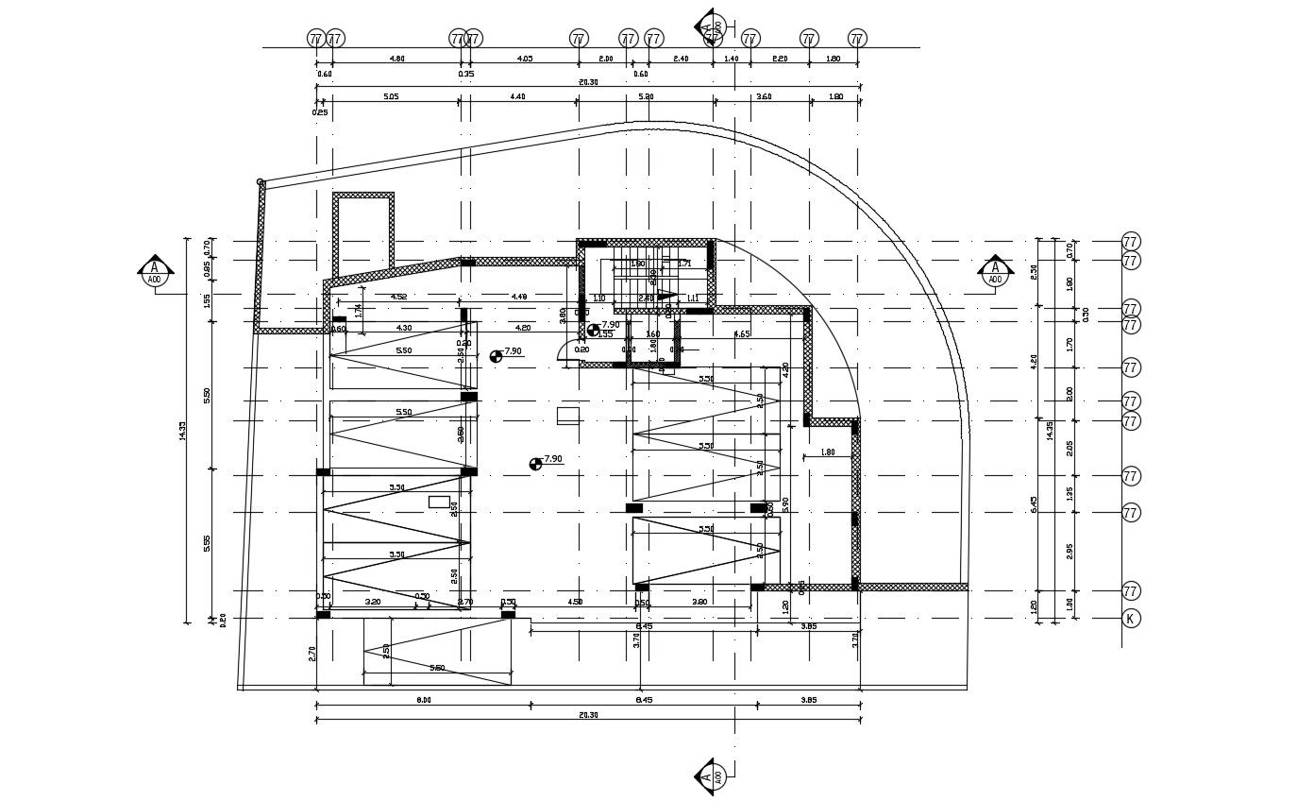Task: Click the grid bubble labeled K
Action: (1130, 619)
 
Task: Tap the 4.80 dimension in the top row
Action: (397, 59)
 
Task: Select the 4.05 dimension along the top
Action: (524, 59)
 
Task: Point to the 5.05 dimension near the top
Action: (390, 96)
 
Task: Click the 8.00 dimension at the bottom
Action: (423, 700)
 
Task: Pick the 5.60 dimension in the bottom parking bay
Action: (437, 668)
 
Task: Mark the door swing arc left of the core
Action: (565, 351)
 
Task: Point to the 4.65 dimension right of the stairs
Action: (742, 333)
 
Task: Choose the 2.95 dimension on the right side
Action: (1070, 551)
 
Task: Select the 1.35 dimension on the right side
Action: (1070, 493)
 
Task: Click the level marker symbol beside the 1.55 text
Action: (593, 330)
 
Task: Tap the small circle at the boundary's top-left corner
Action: (261, 182)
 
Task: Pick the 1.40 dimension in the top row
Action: (732, 59)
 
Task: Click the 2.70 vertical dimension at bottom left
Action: (312, 653)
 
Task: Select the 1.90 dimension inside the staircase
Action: (638, 264)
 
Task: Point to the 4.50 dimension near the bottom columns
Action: (574, 602)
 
